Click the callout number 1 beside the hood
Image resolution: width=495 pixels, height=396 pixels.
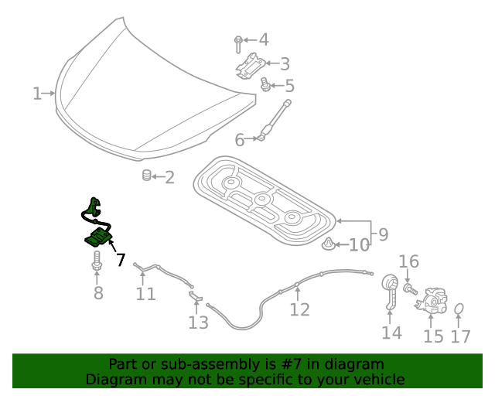(x=36, y=94)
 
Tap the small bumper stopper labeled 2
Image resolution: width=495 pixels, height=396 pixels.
(x=146, y=176)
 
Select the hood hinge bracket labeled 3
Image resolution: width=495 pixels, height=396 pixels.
(x=251, y=65)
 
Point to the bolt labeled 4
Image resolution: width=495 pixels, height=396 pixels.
(x=238, y=40)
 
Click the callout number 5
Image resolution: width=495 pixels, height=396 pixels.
(x=289, y=86)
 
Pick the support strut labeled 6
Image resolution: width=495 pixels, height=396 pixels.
(x=275, y=120)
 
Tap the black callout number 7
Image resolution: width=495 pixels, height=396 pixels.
(x=121, y=260)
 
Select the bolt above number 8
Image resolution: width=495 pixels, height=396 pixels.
(x=97, y=261)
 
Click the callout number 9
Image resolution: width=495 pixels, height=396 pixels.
(x=383, y=233)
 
